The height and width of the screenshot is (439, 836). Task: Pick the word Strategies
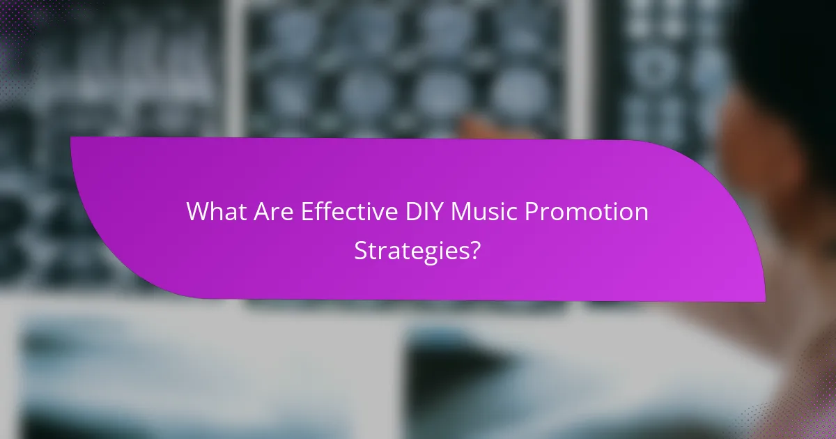[412, 250]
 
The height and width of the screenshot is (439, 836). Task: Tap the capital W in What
[197, 212]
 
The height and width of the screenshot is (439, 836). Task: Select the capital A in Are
[255, 212]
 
